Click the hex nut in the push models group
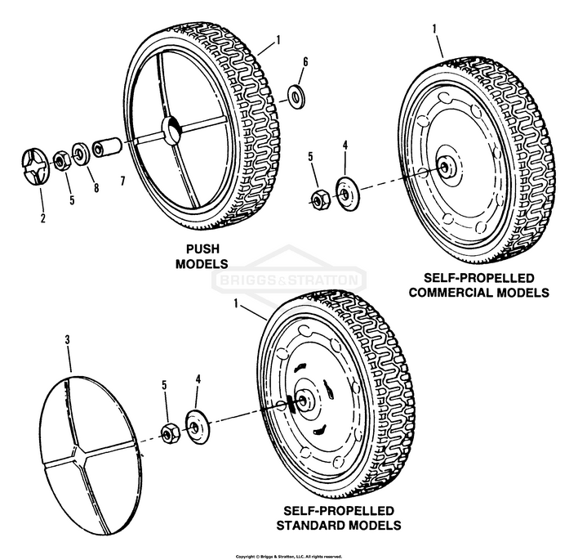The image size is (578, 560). (62, 159)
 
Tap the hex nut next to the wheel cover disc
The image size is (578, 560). (171, 431)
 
